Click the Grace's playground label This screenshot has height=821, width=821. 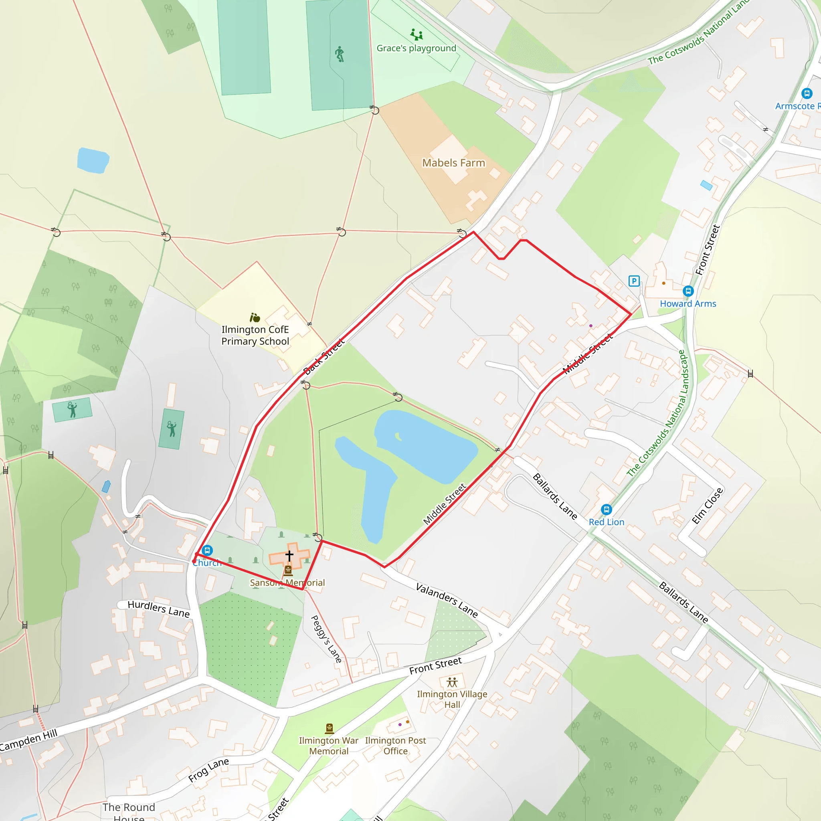pos(416,49)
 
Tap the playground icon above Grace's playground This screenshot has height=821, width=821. pos(417,34)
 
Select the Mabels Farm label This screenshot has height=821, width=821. pos(453,163)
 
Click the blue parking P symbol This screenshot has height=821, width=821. pos(634,281)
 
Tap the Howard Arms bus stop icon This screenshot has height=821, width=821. pos(688,291)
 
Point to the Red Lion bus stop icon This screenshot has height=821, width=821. pos(607,509)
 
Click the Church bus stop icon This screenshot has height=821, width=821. pos(207,551)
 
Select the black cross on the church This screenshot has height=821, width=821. pos(289,555)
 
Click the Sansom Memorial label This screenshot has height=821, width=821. pos(287,582)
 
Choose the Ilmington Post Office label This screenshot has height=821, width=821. pos(395,745)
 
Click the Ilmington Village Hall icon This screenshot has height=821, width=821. pos(452,682)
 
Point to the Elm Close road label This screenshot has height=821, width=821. pos(707,506)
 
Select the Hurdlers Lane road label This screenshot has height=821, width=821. pos(158,609)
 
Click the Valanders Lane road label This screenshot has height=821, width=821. pos(447,600)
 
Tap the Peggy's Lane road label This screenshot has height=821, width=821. pos(326,639)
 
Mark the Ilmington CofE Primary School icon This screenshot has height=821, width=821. pos(255,317)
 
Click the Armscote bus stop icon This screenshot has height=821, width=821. pos(807,93)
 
